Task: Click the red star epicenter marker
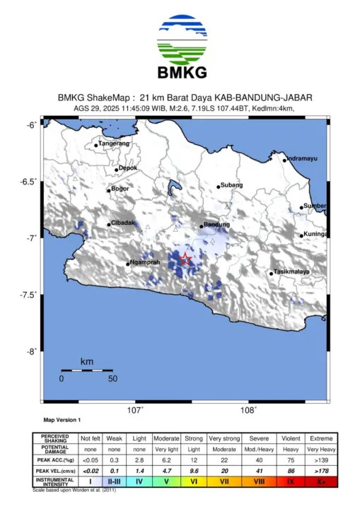pos(185,259)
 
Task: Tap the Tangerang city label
pos(113,144)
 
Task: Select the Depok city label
pos(127,168)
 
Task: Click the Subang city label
pos(231,185)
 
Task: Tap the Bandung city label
pos(216,225)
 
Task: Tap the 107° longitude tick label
pos(136,409)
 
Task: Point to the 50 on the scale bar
pos(112,378)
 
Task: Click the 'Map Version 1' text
pos(62,420)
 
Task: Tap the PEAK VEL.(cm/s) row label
pos(54,470)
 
